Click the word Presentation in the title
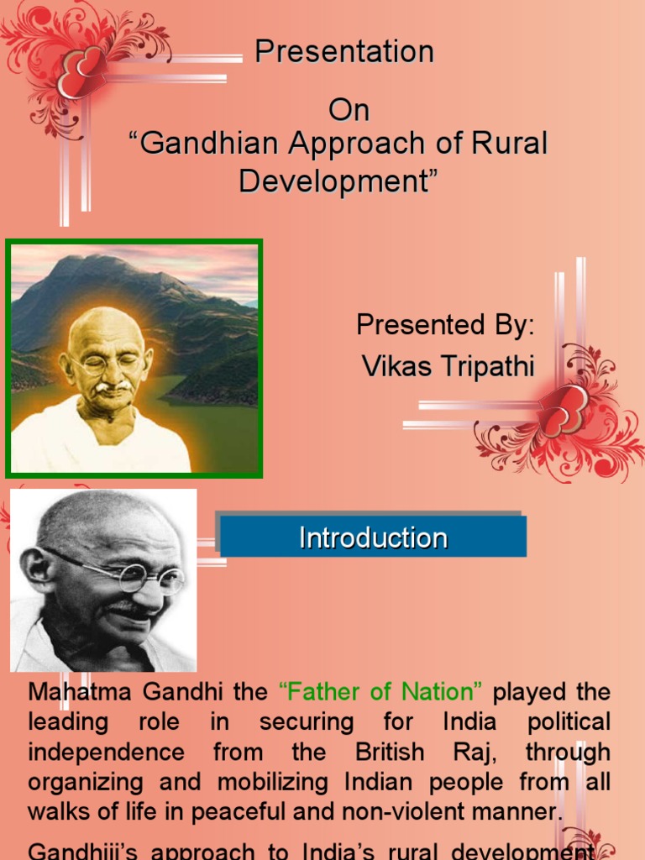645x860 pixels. pyautogui.click(x=344, y=52)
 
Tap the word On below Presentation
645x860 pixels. pyautogui.click(x=349, y=110)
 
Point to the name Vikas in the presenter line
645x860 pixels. pyautogui.click(x=396, y=365)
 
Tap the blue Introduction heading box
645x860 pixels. pyautogui.click(x=373, y=537)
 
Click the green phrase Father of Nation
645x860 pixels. pyautogui.click(x=380, y=692)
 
